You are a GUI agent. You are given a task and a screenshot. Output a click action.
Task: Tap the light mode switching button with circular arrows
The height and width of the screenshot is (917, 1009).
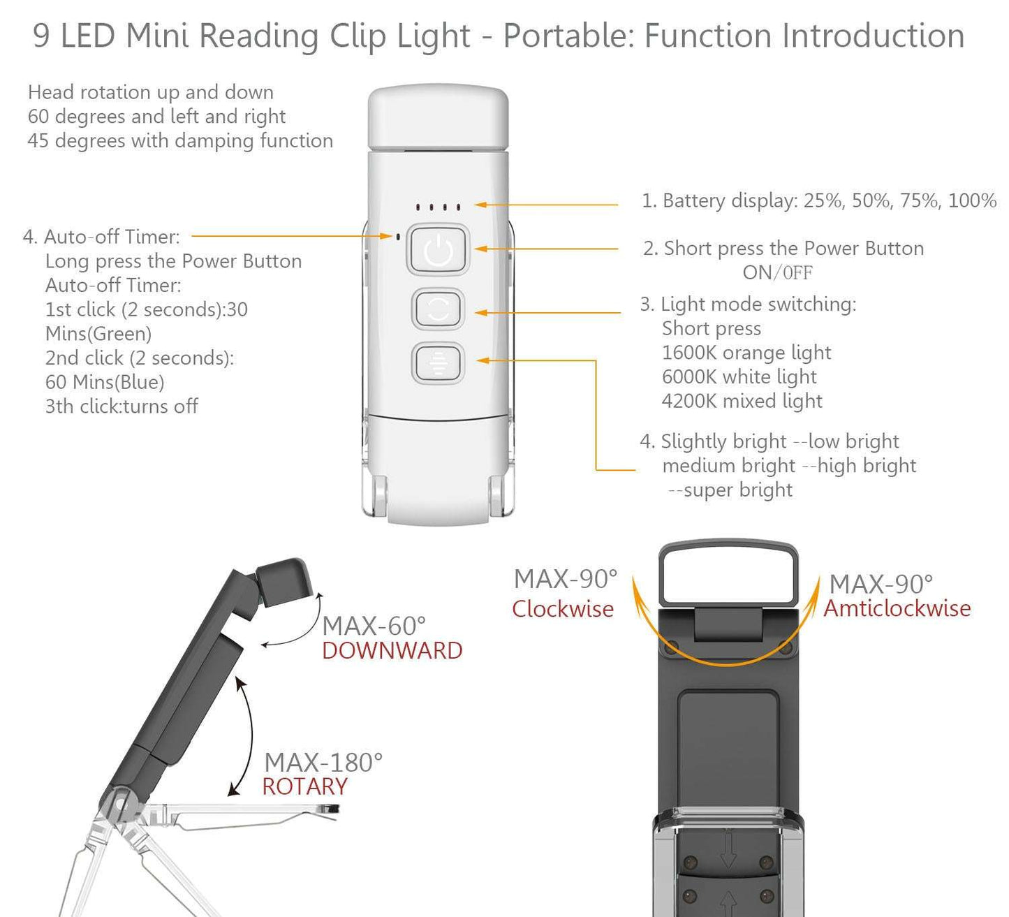pyautogui.click(x=438, y=309)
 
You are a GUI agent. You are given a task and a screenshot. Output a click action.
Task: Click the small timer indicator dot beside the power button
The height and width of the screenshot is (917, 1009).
pyautogui.click(x=398, y=236)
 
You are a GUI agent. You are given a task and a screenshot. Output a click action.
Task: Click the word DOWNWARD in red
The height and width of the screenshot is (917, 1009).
pyautogui.click(x=392, y=651)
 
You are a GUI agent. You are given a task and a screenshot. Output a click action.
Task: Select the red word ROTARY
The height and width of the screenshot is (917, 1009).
pyautogui.click(x=304, y=787)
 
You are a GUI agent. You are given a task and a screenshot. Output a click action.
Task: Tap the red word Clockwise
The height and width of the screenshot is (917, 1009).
pyautogui.click(x=563, y=609)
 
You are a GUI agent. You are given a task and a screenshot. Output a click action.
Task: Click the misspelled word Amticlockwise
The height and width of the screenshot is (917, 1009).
pyautogui.click(x=897, y=608)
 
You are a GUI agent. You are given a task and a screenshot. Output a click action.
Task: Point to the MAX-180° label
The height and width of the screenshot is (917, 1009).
pyautogui.click(x=323, y=763)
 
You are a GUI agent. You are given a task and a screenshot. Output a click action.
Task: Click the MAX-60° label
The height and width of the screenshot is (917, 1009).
pyautogui.click(x=374, y=626)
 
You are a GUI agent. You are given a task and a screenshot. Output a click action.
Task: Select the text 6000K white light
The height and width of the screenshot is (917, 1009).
pyautogui.click(x=739, y=377)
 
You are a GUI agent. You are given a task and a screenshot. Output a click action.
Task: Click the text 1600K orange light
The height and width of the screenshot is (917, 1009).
pyautogui.click(x=746, y=353)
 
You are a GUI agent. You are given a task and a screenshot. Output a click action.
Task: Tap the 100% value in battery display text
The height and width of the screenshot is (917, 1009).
pyautogui.click(x=972, y=201)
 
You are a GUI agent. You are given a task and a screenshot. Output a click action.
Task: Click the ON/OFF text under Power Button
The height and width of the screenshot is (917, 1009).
pyautogui.click(x=777, y=272)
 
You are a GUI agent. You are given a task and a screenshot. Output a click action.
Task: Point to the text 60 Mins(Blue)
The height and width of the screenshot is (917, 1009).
pyautogui.click(x=105, y=382)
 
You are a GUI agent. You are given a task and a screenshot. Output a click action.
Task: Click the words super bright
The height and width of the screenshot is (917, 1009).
pyautogui.click(x=737, y=490)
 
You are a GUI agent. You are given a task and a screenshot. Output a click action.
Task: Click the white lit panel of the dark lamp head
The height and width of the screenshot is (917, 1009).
pyautogui.click(x=728, y=577)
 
